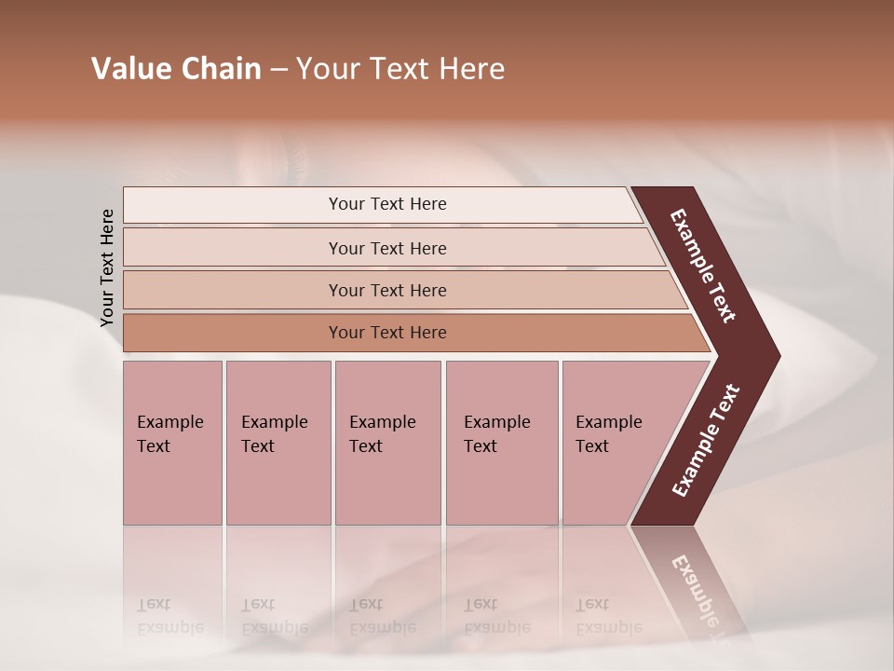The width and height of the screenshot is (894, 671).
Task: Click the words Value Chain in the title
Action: coord(176,69)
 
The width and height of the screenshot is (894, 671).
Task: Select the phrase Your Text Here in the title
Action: coord(400,69)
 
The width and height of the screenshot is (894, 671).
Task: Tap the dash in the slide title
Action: coord(278,70)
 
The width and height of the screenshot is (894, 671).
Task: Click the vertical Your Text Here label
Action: coord(107,267)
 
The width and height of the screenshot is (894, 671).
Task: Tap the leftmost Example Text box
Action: coord(172,443)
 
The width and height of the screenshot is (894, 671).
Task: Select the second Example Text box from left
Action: coord(278,443)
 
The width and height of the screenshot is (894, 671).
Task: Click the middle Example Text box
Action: coord(387,443)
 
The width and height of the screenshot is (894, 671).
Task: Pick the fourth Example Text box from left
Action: coord(501,443)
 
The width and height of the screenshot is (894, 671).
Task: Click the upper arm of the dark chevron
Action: coord(704,266)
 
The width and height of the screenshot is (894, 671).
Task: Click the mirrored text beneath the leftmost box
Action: coord(169,616)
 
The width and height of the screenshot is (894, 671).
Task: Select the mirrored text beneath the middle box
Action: coord(382,616)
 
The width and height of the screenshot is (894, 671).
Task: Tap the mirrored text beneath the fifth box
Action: coord(608,616)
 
